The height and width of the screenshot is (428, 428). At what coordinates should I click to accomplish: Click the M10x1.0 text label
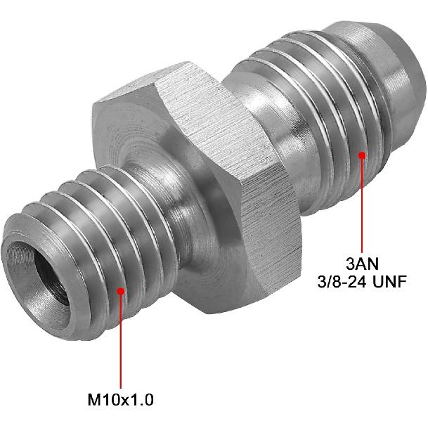121,400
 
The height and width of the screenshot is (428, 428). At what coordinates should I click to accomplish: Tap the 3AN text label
363,264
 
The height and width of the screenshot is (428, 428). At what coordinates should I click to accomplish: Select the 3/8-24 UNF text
363,282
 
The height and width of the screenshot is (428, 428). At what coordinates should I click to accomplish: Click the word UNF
394,282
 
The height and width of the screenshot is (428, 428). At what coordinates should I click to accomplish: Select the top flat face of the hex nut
176,91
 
